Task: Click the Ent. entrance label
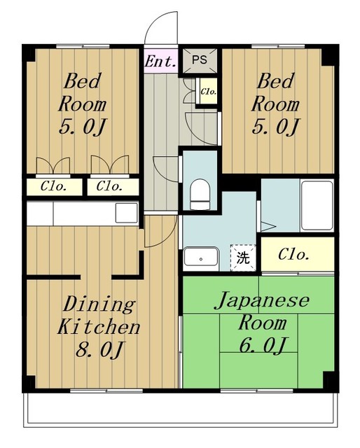[160, 61]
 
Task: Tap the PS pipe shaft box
[200, 60]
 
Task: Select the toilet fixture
[200, 195]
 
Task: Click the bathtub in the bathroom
[317, 205]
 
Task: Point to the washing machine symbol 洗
[243, 258]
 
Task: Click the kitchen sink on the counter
[126, 213]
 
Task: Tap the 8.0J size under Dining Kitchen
[99, 349]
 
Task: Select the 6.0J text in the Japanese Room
[263, 345]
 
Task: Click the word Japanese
[262, 300]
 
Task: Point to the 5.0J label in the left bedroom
[83, 126]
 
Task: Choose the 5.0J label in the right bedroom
[275, 126]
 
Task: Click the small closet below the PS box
[209, 92]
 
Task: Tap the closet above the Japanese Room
[298, 254]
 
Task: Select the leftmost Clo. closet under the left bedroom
[54, 187]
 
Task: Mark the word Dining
[99, 304]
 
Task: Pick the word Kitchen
[99, 327]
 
